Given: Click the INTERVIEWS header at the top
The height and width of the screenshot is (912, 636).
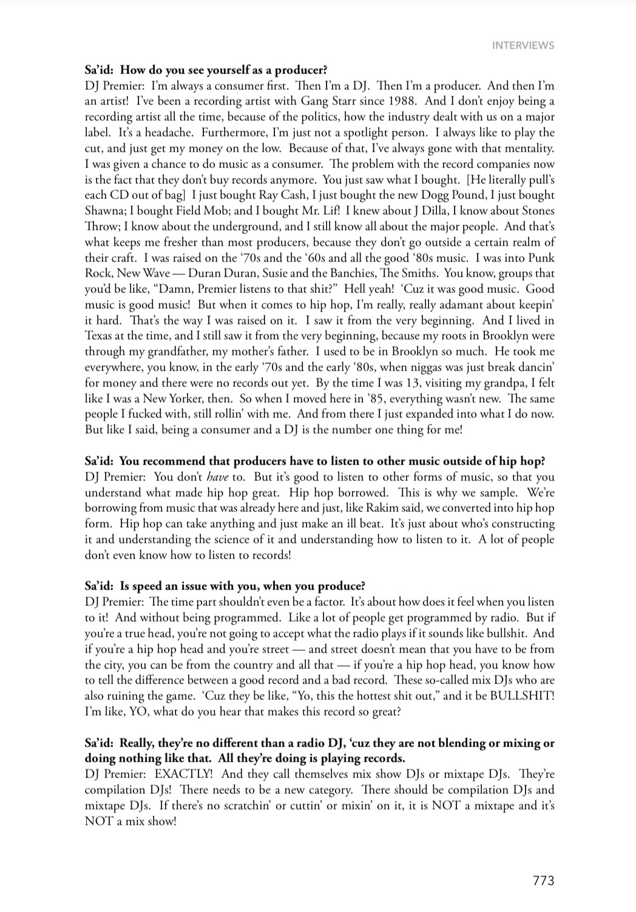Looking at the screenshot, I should [523, 45].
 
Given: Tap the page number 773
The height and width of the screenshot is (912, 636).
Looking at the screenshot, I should [543, 881].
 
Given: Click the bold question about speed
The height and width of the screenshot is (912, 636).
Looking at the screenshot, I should [225, 586].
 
